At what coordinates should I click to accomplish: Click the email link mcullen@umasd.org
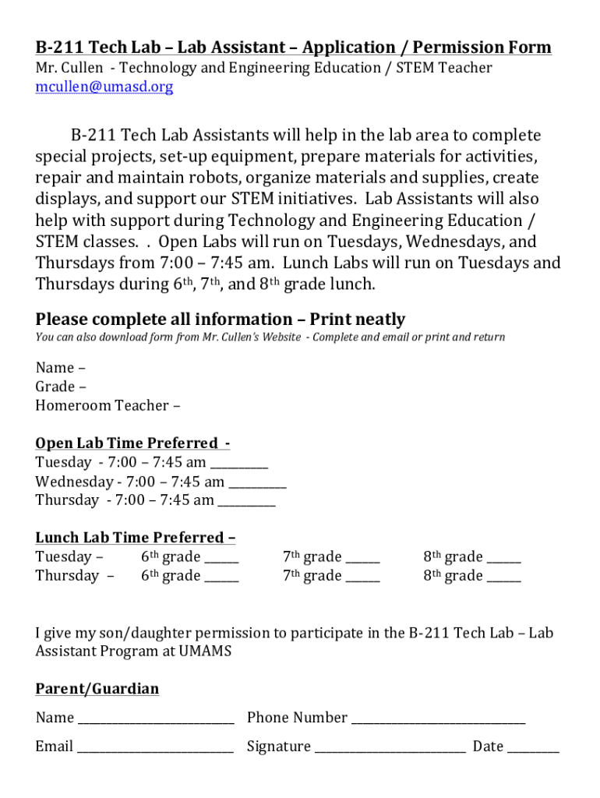[x=104, y=87]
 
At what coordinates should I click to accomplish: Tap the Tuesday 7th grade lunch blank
[x=363, y=560]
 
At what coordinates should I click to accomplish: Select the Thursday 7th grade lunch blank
[x=363, y=579]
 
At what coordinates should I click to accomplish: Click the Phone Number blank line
[x=438, y=721]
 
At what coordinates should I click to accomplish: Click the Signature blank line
[x=390, y=750]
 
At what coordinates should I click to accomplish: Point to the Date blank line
[x=533, y=750]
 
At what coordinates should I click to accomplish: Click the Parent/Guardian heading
[x=97, y=689]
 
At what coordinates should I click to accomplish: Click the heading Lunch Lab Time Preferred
[x=135, y=538]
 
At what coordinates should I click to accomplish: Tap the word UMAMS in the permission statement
[x=205, y=651]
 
